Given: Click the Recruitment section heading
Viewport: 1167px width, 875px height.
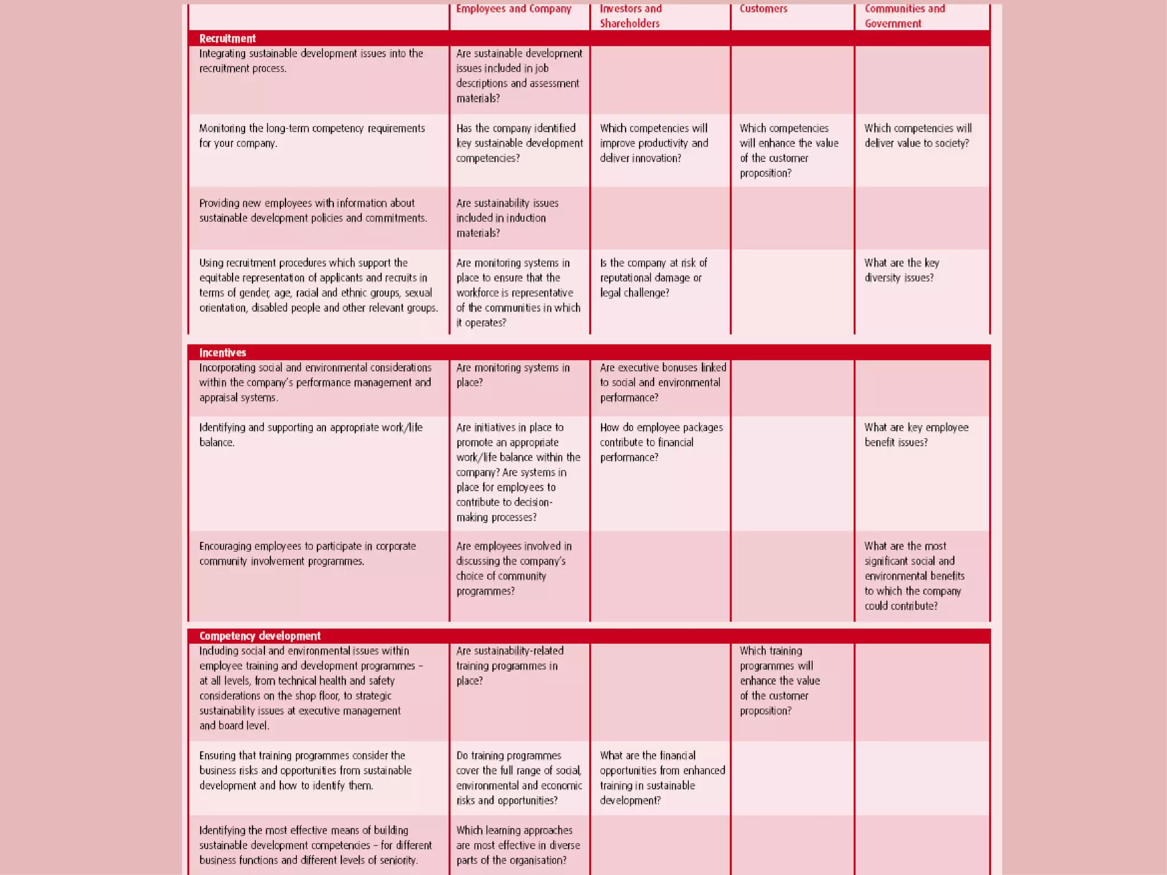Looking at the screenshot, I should [227, 39].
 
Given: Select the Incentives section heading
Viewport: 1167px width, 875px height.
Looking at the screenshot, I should [222, 353].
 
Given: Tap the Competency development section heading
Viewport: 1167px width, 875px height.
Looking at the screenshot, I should [260, 636].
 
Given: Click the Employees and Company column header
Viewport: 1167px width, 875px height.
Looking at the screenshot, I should [513, 9].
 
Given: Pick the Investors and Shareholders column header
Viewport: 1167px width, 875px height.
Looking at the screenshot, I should [630, 16].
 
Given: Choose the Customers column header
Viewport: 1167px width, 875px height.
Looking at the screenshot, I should [763, 9].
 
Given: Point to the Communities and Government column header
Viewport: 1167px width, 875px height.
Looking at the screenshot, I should [904, 16].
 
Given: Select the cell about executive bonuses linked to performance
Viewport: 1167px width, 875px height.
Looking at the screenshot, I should [662, 382].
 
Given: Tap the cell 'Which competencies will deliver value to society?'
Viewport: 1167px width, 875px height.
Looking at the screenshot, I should [917, 136].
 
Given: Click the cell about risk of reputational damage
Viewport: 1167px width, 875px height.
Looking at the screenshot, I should [653, 277].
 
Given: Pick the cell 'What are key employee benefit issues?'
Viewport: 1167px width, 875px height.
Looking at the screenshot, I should [916, 435].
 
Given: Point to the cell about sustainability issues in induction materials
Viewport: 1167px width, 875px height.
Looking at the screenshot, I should [507, 218].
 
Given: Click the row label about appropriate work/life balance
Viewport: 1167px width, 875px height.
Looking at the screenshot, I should [311, 435].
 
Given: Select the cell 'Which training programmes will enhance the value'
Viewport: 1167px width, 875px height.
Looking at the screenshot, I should [779, 680].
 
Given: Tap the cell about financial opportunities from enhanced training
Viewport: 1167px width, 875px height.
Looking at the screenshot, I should [662, 778].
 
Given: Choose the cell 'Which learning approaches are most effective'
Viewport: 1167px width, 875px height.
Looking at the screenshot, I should [517, 845].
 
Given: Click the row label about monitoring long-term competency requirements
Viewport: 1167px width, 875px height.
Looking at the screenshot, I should [312, 136].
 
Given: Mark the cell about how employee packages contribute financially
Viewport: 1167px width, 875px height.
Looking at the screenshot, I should [660, 442].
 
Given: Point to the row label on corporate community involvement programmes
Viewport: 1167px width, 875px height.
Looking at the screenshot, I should [307, 553].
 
